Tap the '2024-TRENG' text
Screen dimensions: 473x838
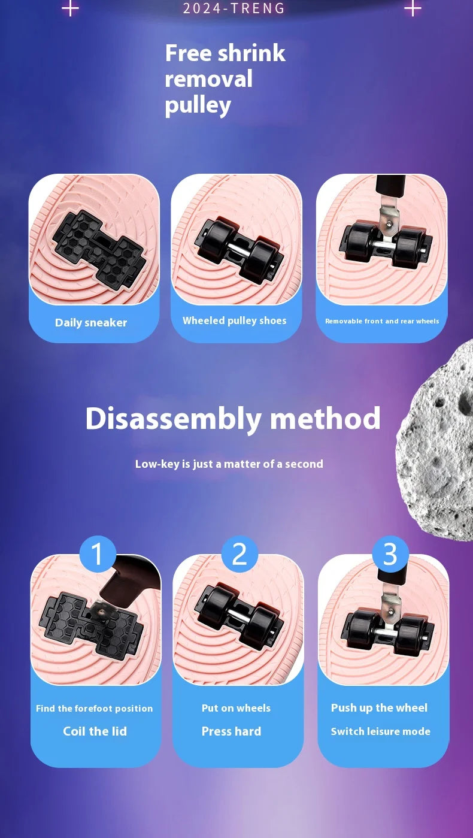coord(234,8)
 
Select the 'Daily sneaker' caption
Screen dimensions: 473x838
coord(91,322)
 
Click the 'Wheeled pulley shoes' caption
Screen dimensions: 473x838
coord(235,320)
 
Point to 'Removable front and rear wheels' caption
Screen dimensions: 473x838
coord(382,321)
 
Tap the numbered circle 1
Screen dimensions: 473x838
coord(97,554)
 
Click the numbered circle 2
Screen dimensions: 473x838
coord(239,554)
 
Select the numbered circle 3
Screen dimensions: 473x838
coord(390,554)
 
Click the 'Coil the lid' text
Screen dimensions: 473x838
coord(95,731)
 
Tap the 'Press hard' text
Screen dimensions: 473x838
coord(232,731)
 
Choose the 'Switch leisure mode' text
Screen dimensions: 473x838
coord(381,731)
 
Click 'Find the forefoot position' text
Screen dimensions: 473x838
coord(94,708)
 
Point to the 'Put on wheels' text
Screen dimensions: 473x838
coord(236,708)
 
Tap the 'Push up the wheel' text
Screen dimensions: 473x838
coord(379,708)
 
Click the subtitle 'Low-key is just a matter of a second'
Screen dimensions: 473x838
coord(229,464)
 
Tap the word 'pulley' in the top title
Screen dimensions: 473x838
coord(198,105)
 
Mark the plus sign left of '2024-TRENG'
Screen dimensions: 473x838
coord(70,8)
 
